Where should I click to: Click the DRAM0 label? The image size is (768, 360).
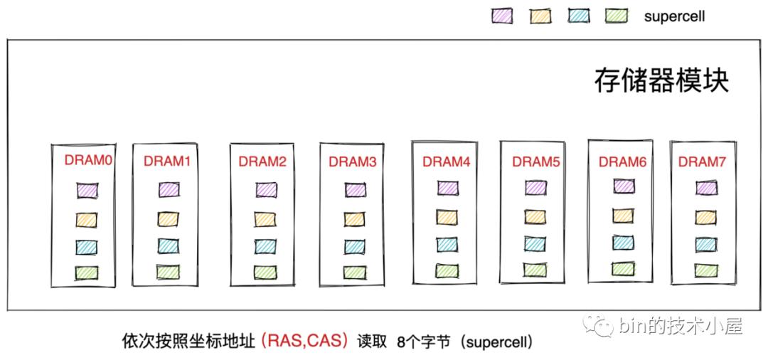(88, 160)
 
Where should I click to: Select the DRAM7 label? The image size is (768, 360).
(701, 162)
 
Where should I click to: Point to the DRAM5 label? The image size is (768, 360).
(536, 162)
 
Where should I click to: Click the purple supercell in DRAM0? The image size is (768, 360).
(87, 191)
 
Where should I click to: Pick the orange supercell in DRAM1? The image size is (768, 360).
(169, 218)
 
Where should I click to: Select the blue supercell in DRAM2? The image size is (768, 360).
(266, 246)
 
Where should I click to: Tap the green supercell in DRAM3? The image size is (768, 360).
(354, 272)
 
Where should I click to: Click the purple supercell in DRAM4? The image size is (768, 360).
(447, 188)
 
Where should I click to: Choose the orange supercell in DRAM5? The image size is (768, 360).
(535, 216)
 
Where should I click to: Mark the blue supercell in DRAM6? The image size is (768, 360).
(623, 242)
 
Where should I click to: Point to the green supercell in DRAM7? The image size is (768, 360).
(706, 270)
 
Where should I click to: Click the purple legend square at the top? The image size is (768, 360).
(502, 16)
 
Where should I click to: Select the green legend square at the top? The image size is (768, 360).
(617, 16)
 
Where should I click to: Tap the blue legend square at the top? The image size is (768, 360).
(579, 16)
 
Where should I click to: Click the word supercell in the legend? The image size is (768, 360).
(674, 16)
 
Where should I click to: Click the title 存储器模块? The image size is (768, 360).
(661, 80)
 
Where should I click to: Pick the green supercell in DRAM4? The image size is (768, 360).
(447, 270)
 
